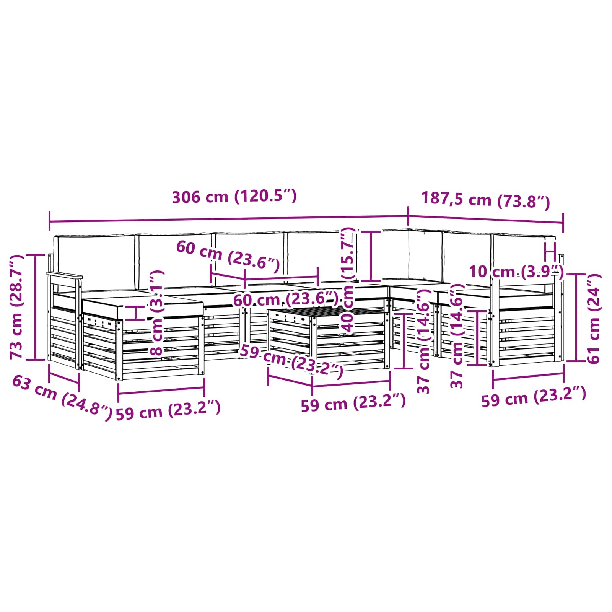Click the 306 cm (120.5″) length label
[234, 197]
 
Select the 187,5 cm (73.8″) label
[485, 200]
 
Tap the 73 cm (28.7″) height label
[18, 307]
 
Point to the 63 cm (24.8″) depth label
[62, 398]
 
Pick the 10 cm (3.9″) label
[516, 272]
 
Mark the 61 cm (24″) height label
[594, 318]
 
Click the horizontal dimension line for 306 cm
[229, 219]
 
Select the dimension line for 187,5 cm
[486, 220]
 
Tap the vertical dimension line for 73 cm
[35, 307]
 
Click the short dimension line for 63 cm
[64, 378]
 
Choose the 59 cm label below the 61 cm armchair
[534, 397]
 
